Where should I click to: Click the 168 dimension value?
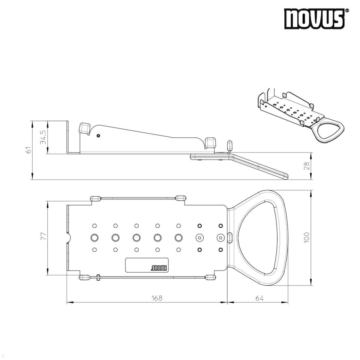[157, 298]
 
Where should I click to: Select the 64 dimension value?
[259, 298]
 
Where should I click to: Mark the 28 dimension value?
[306, 166]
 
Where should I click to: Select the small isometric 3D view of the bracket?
[300, 115]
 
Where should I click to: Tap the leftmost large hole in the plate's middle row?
[94, 238]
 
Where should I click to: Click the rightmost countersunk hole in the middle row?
[220, 238]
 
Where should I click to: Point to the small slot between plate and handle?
[230, 237]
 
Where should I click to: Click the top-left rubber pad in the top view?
[95, 198]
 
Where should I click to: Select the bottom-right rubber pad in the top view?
[210, 277]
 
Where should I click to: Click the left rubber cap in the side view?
[84, 128]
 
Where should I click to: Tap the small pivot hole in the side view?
[98, 136]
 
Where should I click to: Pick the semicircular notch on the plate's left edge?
[68, 238]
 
